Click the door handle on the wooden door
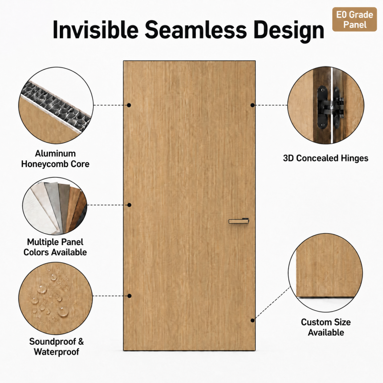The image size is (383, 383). tap(238, 221)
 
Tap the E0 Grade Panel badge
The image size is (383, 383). tap(354, 20)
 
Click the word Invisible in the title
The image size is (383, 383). tap(95, 30)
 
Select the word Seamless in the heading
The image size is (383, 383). tap(196, 30)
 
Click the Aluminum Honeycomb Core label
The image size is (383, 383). tap(55, 159)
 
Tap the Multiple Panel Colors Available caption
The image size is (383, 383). tap(55, 247)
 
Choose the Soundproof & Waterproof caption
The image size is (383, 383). tap(56, 347)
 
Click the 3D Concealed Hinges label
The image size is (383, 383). tap(326, 158)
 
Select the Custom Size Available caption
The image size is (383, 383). tap(326, 327)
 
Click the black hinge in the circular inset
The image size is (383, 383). tap(330, 107)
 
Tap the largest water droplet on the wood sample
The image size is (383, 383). tap(63, 312)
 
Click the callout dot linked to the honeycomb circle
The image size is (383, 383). tap(129, 105)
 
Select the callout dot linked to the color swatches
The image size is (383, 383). tap(129, 205)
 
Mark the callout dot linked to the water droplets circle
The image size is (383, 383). tap(129, 296)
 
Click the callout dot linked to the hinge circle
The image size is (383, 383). tap(253, 105)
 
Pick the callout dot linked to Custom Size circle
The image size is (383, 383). tap(253, 320)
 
